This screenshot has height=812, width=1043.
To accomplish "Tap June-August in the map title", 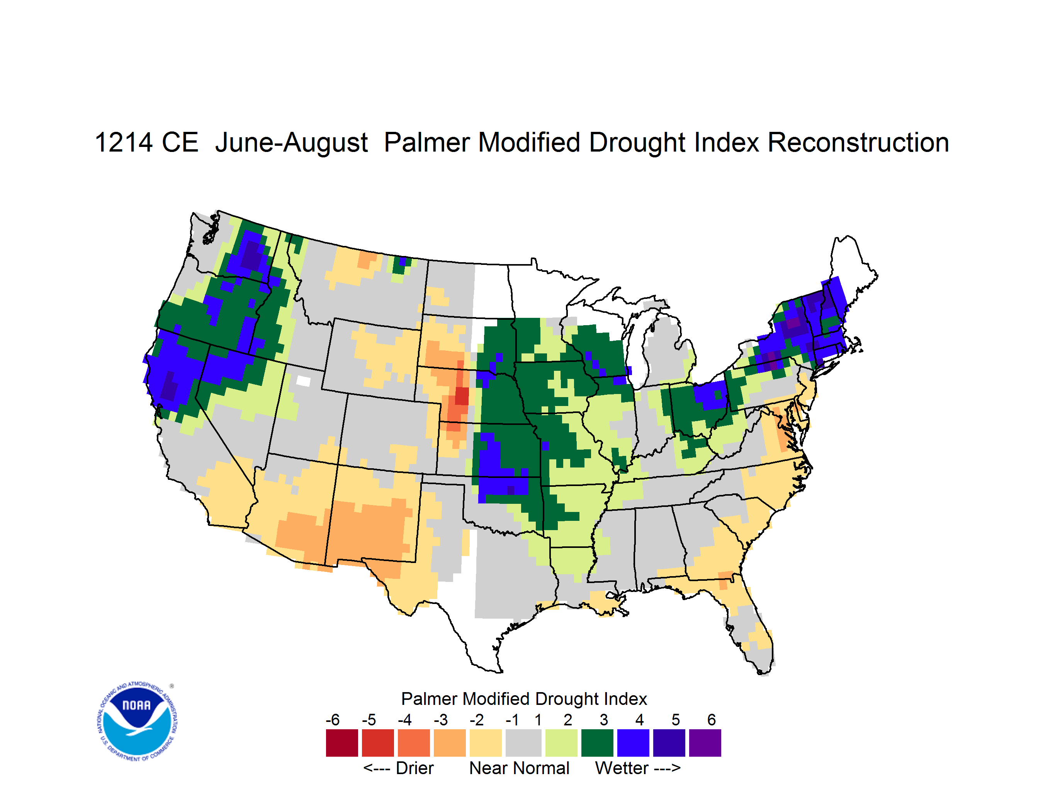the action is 291,143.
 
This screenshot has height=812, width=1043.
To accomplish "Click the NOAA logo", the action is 137,722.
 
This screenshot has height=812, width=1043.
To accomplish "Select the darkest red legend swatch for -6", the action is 341,743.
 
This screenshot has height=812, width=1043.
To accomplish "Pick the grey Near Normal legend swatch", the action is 523,743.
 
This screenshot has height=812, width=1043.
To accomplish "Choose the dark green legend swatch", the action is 597,743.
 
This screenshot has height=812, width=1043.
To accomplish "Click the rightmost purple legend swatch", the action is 705,743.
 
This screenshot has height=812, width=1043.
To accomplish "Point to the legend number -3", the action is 440,720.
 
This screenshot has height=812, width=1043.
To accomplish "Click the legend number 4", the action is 639,720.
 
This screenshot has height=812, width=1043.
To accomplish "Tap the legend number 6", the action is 712,720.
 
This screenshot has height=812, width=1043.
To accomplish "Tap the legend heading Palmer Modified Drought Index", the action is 524,699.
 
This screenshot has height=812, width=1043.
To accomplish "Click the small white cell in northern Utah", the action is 303,381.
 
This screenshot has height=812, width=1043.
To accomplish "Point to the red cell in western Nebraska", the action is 462,396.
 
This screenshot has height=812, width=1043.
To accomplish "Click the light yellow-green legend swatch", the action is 561,743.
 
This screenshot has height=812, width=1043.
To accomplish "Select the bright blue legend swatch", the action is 633,743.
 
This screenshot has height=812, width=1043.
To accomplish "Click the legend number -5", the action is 368,720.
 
